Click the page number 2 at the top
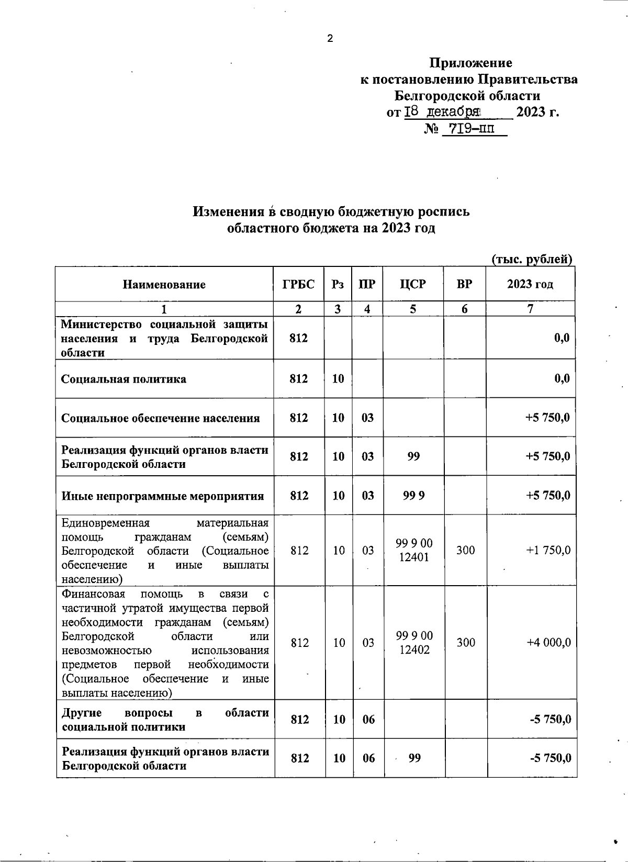tap(330, 38)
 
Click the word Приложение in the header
tap(470, 63)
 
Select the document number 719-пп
tap(468, 129)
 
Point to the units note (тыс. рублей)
tap(532, 259)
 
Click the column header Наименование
tap(164, 285)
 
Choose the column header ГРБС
tap(298, 284)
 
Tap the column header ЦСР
tap(413, 284)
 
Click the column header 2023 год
tap(530, 284)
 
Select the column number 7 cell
tap(530, 309)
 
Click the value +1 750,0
tap(548, 550)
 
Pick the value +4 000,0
tap(548, 642)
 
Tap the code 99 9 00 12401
tap(414, 550)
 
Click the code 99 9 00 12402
tap(414, 642)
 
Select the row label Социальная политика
tap(124, 379)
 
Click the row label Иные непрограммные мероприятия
tap(163, 496)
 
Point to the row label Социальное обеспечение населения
tap(161, 418)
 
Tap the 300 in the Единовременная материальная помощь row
tap(465, 550)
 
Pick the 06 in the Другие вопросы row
tap(368, 719)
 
